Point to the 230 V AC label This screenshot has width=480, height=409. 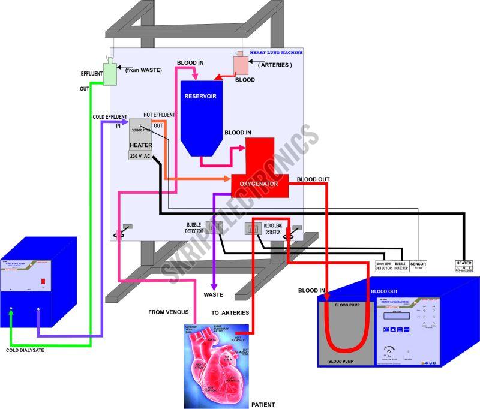tap(140, 156)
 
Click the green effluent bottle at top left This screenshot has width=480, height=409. tap(109, 73)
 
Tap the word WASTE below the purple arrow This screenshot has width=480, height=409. tap(214, 294)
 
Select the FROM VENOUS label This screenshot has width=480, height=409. tap(169, 312)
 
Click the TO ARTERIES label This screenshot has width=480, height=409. tap(231, 312)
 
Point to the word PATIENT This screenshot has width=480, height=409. tap(263, 404)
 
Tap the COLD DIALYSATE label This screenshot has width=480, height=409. tap(25, 350)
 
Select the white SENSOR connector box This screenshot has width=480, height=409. tap(418, 264)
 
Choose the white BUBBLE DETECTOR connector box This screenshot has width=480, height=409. tap(401, 265)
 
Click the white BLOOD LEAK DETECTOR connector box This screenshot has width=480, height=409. tap(383, 265)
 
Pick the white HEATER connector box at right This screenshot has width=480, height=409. tap(465, 265)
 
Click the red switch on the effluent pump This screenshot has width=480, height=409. tap(43, 281)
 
